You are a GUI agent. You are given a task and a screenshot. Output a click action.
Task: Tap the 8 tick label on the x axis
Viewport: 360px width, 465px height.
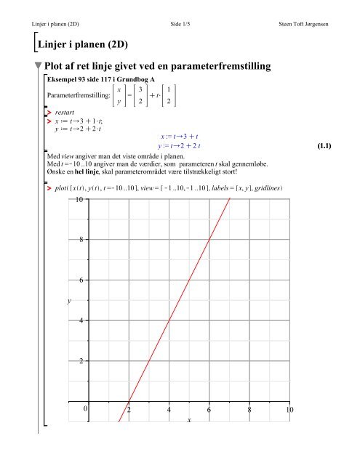click(249, 411)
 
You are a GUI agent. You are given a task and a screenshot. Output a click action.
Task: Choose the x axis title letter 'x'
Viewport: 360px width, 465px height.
click(188, 420)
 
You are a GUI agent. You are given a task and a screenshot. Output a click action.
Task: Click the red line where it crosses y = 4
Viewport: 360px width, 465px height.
click(169, 320)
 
